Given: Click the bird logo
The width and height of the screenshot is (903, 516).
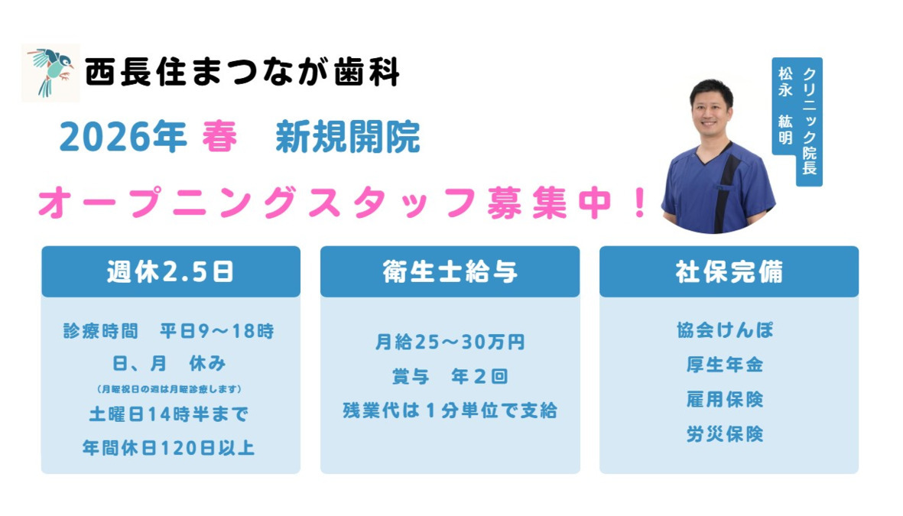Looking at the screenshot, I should click(50, 73).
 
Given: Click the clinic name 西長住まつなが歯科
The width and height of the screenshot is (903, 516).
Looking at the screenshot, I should click(242, 73).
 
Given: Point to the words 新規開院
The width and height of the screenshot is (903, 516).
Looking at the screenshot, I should click(348, 138).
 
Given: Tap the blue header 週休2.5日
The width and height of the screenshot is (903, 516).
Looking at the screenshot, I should click(171, 272).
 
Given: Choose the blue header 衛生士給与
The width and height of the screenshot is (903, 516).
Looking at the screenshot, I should click(450, 272).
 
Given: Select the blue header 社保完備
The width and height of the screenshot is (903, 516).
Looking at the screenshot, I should click(729, 272).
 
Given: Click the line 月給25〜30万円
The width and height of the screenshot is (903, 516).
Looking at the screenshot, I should click(450, 342).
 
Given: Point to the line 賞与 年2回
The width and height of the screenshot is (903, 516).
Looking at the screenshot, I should click(450, 377).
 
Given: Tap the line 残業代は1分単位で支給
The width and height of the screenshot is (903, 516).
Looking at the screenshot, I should click(450, 411).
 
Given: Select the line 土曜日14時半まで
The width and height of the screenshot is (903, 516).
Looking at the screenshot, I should click(169, 414).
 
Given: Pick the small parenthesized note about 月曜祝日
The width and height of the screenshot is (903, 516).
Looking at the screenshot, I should click(170, 388).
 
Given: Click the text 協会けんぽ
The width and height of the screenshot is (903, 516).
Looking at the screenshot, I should click(725, 331).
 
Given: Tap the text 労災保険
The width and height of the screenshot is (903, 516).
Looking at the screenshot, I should click(725, 435).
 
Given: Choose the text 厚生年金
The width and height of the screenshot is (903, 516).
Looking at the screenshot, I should click(725, 365).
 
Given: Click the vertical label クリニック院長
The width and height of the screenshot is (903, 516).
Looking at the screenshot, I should click(809, 121).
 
